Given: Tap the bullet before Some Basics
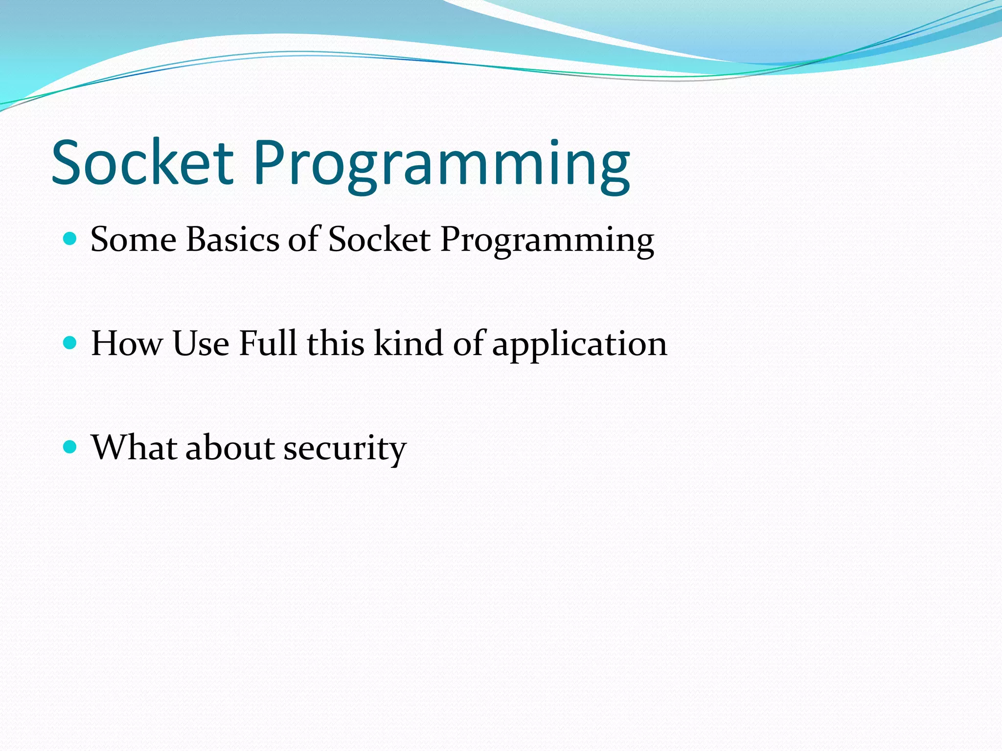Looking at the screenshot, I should [x=70, y=239].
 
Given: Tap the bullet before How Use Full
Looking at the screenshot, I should [x=70, y=343].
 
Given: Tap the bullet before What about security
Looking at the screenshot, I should [x=70, y=447].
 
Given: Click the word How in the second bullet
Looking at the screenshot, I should [x=127, y=343].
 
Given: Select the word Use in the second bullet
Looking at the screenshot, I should [x=201, y=343].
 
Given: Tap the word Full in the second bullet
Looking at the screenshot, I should [x=268, y=343].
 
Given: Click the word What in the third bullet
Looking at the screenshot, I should [x=134, y=447].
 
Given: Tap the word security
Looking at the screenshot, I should [x=345, y=448].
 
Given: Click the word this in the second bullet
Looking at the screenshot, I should [x=335, y=343].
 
